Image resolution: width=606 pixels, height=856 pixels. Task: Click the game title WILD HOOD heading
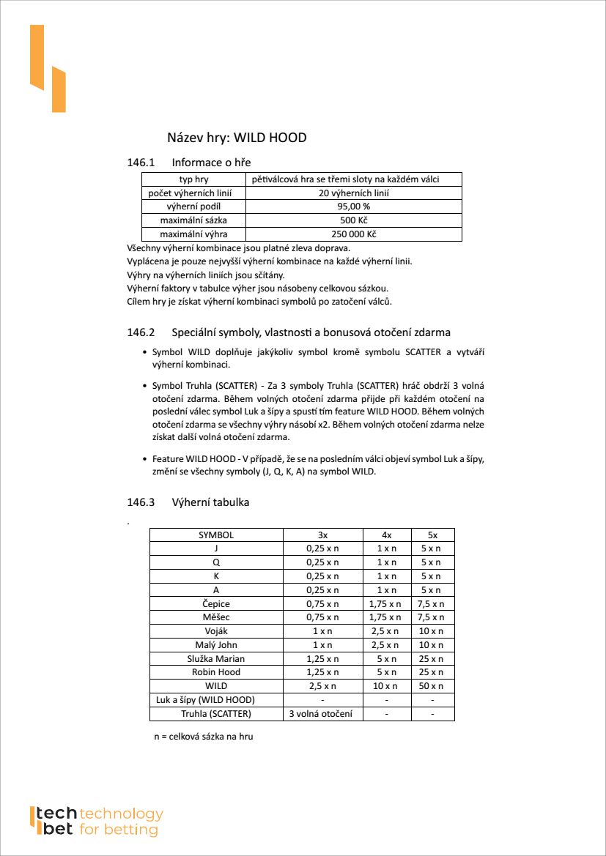point(237,138)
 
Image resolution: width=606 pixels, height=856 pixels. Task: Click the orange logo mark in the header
point(48,69)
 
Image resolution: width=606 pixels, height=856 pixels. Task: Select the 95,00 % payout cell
point(353,206)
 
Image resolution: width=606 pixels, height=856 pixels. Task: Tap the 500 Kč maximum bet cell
point(353,220)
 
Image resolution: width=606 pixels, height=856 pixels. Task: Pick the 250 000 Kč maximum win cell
point(353,234)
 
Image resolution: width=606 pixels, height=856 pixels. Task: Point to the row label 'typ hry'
point(193,179)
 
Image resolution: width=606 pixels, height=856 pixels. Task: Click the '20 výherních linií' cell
point(353,193)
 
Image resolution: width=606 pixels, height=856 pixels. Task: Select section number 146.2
point(141,332)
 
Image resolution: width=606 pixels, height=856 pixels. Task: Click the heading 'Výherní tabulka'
point(210,502)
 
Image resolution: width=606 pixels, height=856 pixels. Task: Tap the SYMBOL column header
point(216,535)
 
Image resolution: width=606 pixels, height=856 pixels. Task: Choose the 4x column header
point(387,535)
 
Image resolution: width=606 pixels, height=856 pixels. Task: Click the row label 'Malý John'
point(216,645)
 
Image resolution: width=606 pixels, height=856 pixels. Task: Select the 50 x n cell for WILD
point(432,686)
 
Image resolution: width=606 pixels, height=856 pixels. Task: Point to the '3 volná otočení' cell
point(322,714)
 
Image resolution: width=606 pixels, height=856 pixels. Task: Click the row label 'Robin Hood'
point(216,672)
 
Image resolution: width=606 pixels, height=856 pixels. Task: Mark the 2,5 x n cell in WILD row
point(322,686)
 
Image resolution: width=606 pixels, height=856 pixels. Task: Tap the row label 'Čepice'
point(216,604)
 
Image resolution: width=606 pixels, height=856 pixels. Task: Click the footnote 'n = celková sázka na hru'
point(203,737)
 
